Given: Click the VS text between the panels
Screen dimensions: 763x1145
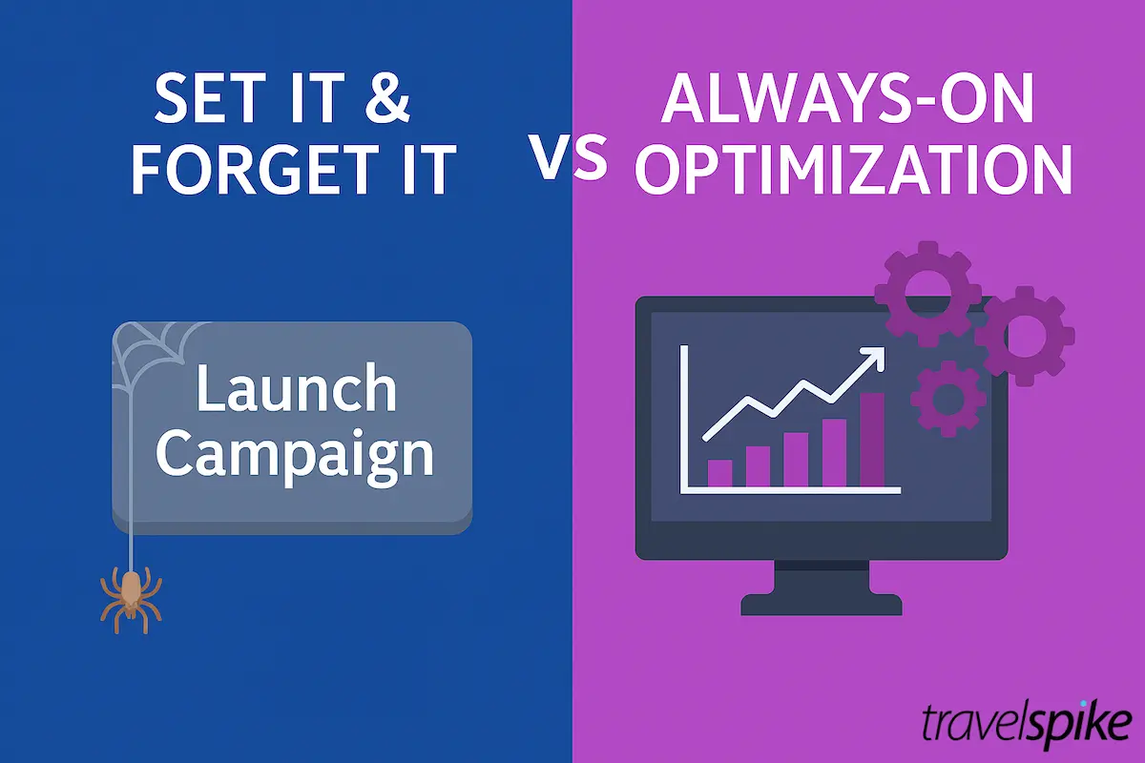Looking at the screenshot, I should pyautogui.click(x=570, y=158).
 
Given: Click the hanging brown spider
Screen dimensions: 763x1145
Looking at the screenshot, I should pyautogui.click(x=130, y=596).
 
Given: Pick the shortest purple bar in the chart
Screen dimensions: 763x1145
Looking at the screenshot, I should pyautogui.click(x=719, y=473).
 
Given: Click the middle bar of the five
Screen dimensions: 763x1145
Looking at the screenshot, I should pyautogui.click(x=796, y=459).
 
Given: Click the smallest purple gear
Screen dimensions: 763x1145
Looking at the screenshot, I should pyautogui.click(x=947, y=396).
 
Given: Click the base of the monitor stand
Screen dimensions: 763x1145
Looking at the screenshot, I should pyautogui.click(x=821, y=604).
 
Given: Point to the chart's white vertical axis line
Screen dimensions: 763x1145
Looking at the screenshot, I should pyautogui.click(x=683, y=420).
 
